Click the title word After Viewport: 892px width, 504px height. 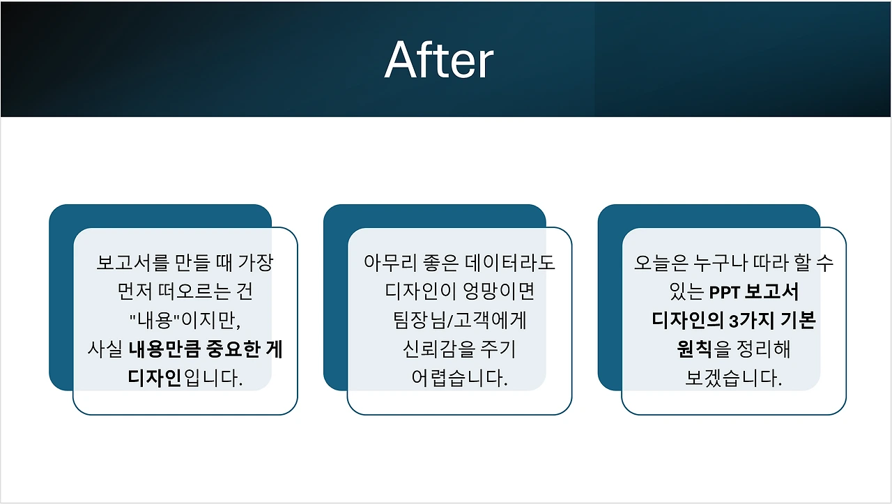[439, 60]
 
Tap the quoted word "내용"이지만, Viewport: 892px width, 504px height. [185, 320]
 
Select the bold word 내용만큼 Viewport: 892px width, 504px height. [165, 349]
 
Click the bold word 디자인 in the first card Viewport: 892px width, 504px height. [155, 378]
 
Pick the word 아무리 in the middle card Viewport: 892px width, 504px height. [390, 263]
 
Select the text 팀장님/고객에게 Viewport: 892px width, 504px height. [459, 320]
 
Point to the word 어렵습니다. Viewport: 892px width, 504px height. [459, 378]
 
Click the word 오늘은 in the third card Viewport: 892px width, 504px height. [661, 263]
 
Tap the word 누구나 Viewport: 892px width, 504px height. [721, 263]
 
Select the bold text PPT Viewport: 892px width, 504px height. [724, 293]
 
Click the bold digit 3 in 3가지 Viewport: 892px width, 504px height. [734, 321]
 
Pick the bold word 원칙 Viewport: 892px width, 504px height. [694, 349]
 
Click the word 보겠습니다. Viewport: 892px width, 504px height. [734, 378]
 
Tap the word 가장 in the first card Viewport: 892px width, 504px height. [256, 263]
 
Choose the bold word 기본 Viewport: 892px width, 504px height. [798, 320]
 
